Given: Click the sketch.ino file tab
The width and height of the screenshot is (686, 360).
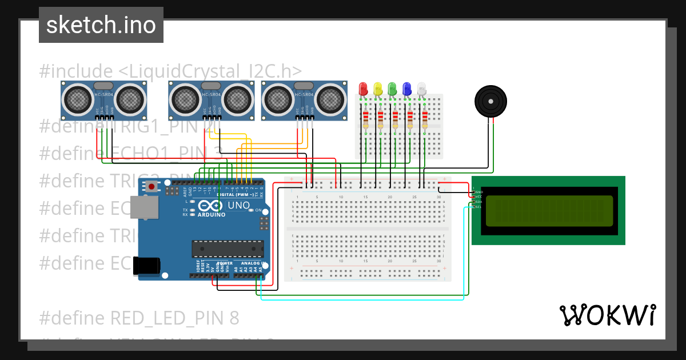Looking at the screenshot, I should click(101, 25).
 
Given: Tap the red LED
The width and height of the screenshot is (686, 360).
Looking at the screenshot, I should click(362, 89).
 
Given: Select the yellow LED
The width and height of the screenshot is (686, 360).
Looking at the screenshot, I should click(377, 89).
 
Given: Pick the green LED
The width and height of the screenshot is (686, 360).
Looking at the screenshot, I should click(392, 89).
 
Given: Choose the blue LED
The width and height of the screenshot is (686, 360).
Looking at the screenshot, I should click(407, 89).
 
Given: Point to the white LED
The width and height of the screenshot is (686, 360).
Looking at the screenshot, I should click(422, 89).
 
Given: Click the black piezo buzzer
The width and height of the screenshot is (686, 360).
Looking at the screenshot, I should click(490, 101).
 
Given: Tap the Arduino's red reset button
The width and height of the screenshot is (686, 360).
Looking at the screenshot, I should click(151, 186).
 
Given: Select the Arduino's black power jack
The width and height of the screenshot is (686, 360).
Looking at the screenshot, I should click(146, 266).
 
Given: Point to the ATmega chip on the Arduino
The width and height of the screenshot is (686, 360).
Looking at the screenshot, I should click(228, 249).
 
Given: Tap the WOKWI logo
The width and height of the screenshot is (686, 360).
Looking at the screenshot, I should click(607, 315).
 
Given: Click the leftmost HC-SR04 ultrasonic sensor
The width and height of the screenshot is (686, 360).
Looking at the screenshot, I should click(105, 100).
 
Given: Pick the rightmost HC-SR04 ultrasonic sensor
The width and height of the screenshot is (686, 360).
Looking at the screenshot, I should click(305, 100).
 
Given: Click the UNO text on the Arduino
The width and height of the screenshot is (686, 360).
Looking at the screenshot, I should click(239, 205).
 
